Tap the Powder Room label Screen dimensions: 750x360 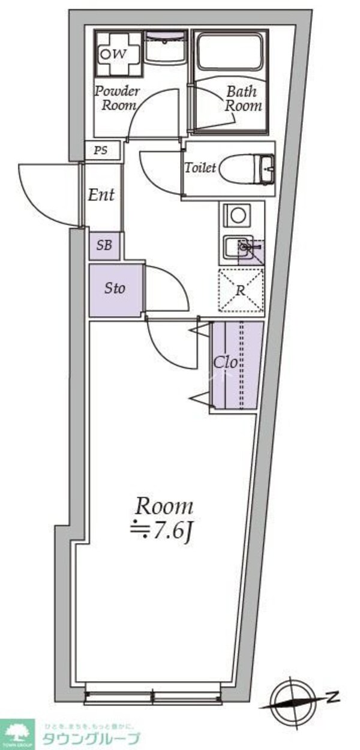pyautogui.click(x=118, y=98)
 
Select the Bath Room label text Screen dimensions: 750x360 pyautogui.click(x=243, y=98)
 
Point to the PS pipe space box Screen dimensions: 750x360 pyautogui.click(x=101, y=150)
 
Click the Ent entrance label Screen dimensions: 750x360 pyautogui.click(x=101, y=194)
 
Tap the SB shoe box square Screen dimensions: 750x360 pyautogui.click(x=105, y=246)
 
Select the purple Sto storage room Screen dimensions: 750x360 pyautogui.click(x=115, y=289)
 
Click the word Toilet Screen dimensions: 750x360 pyautogui.click(x=199, y=168)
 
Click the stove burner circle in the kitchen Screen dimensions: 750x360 pyautogui.click(x=236, y=215)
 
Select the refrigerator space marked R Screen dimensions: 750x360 pyautogui.click(x=241, y=290)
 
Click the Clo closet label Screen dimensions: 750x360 pyautogui.click(x=227, y=362)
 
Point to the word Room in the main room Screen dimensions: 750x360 pyautogui.click(x=164, y=507)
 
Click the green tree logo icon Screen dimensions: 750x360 pyautogui.click(x=16, y=730)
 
